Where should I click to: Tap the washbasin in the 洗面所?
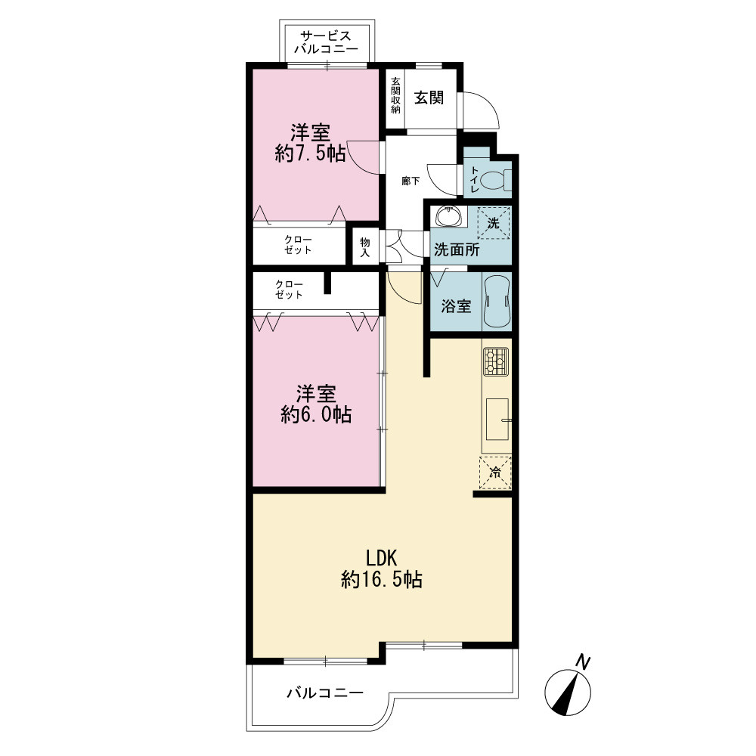[x=449, y=215]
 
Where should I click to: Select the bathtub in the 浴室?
[x=497, y=302]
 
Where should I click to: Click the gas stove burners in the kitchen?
[x=496, y=361]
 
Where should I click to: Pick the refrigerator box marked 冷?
[x=495, y=472]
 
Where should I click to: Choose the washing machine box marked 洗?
[x=493, y=223]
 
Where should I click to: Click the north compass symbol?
[x=568, y=692]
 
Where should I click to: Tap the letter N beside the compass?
[x=584, y=662]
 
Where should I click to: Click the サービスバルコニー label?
[x=327, y=42]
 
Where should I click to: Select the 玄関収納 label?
[x=395, y=95]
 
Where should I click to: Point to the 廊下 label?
[x=411, y=181]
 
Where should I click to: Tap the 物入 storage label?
[x=365, y=247]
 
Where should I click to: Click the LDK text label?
[x=382, y=558]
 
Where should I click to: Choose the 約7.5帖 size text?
[x=311, y=153]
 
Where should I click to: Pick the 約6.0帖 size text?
[x=316, y=414]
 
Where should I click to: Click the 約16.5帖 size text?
[x=382, y=579]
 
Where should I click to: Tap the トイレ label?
[x=475, y=180]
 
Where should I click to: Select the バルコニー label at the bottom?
[x=325, y=693]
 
